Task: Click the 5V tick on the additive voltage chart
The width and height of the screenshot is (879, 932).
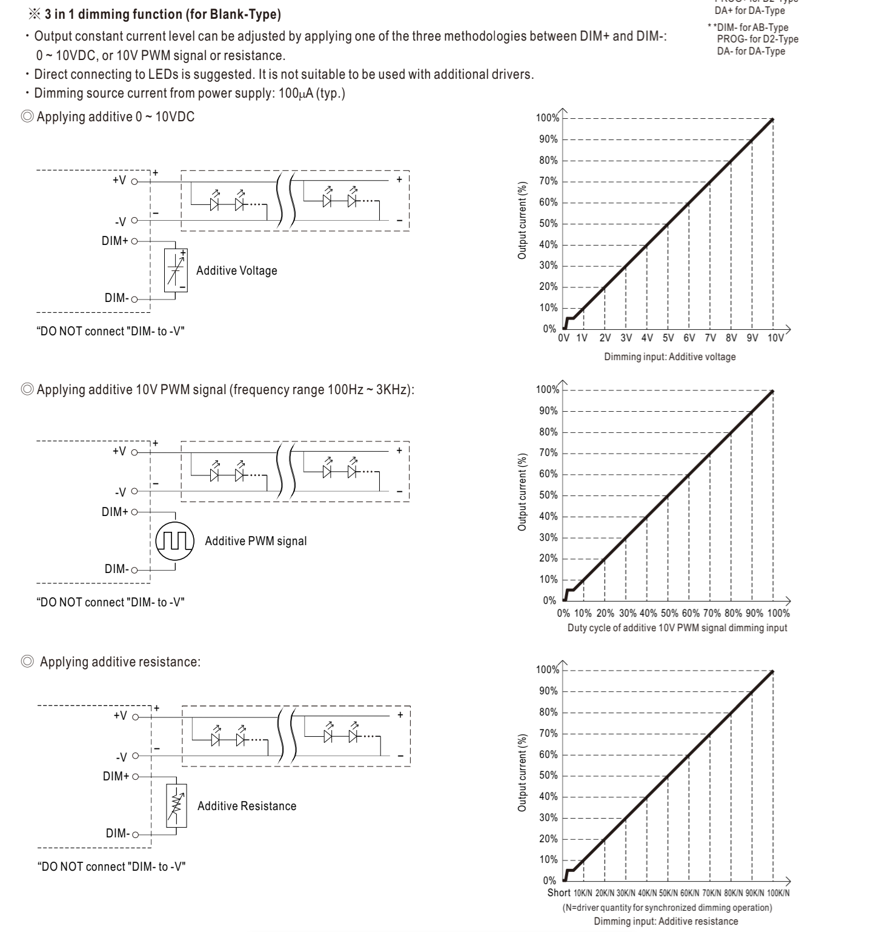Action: pos(668,338)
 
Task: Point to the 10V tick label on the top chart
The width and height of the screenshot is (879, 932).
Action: pos(775,338)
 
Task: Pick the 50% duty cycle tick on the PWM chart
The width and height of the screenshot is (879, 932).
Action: pos(669,613)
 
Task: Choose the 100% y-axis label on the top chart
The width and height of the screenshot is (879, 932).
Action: pos(548,118)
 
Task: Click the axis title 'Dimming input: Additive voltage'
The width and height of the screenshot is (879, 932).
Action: pos(669,357)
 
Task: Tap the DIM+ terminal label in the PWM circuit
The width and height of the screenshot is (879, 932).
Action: pos(114,512)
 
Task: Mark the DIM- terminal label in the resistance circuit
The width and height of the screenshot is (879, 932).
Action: pos(118,833)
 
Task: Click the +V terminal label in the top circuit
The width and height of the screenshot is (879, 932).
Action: pos(119,181)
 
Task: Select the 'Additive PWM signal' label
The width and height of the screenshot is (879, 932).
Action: pos(256,541)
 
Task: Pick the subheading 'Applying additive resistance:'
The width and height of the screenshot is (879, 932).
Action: pos(120,662)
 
